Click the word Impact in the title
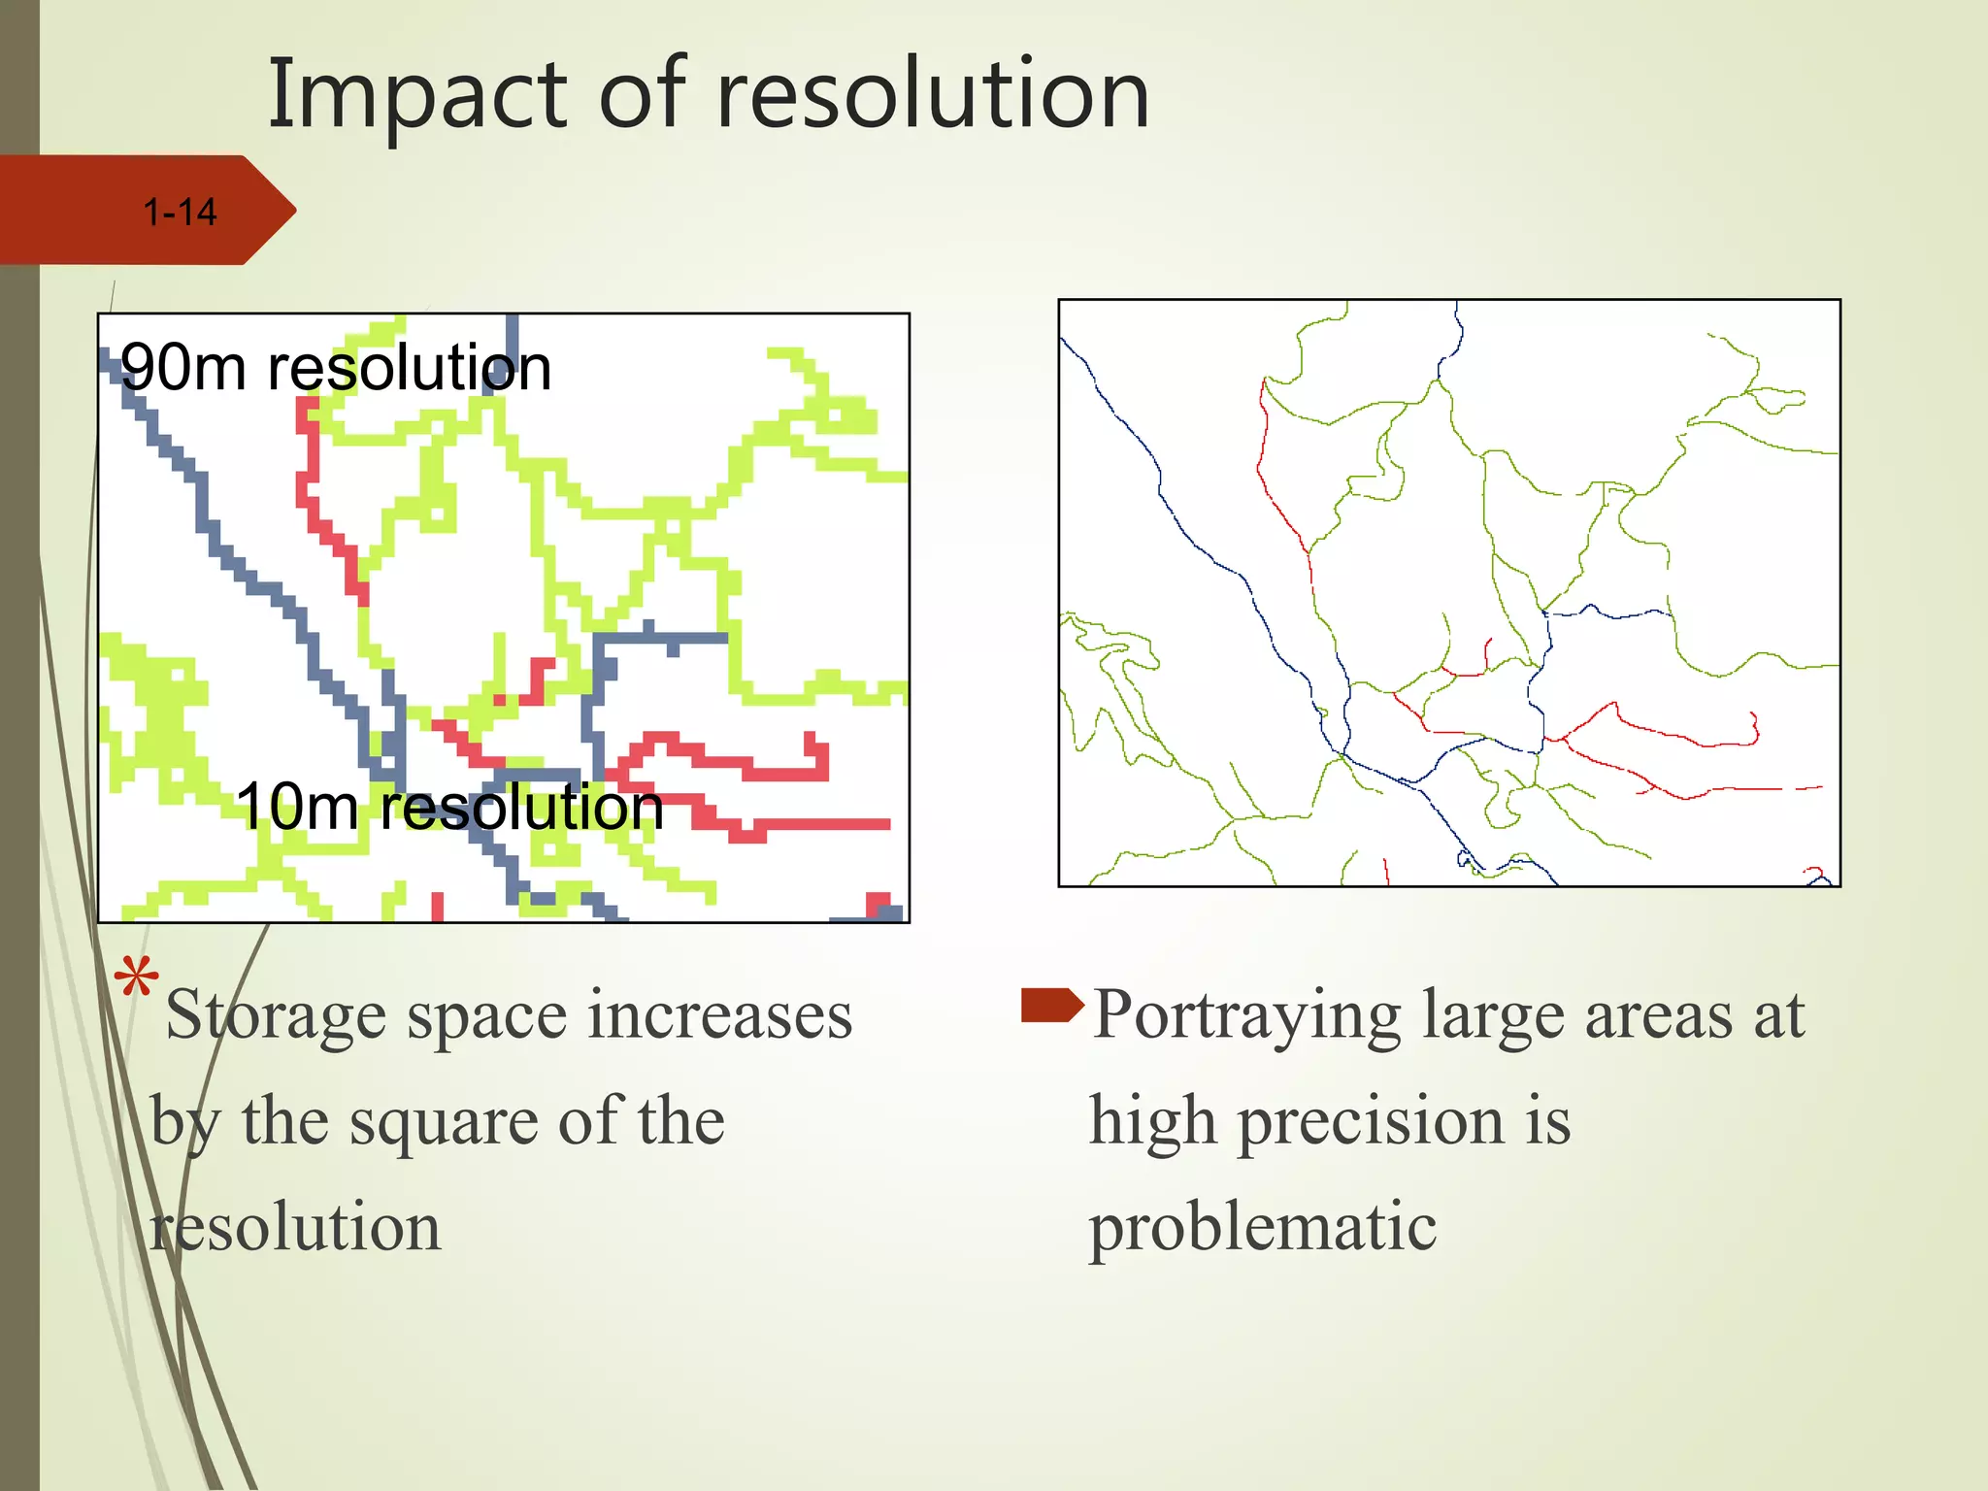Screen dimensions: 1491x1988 point(416,95)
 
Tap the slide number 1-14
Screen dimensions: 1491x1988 point(180,213)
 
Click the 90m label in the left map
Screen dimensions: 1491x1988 point(182,368)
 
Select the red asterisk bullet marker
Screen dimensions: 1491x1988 point(136,977)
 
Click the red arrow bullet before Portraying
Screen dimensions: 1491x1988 point(1051,1005)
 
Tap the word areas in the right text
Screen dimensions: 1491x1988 point(1659,1016)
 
